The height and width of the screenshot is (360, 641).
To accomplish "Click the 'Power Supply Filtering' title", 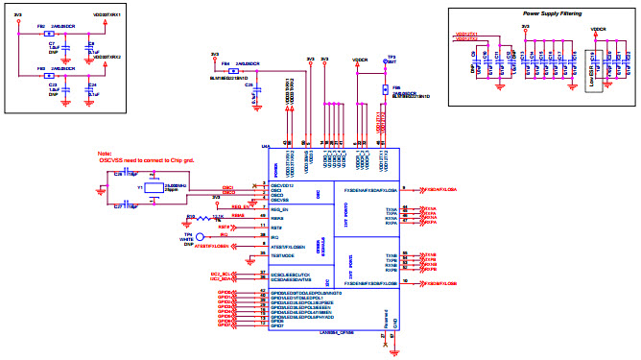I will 558,14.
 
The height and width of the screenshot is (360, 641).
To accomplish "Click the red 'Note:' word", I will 105,154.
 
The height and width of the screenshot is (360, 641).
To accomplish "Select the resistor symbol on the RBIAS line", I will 204,217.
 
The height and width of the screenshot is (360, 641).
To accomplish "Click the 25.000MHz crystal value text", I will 174,184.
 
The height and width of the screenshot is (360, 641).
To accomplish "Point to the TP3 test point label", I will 391,57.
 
